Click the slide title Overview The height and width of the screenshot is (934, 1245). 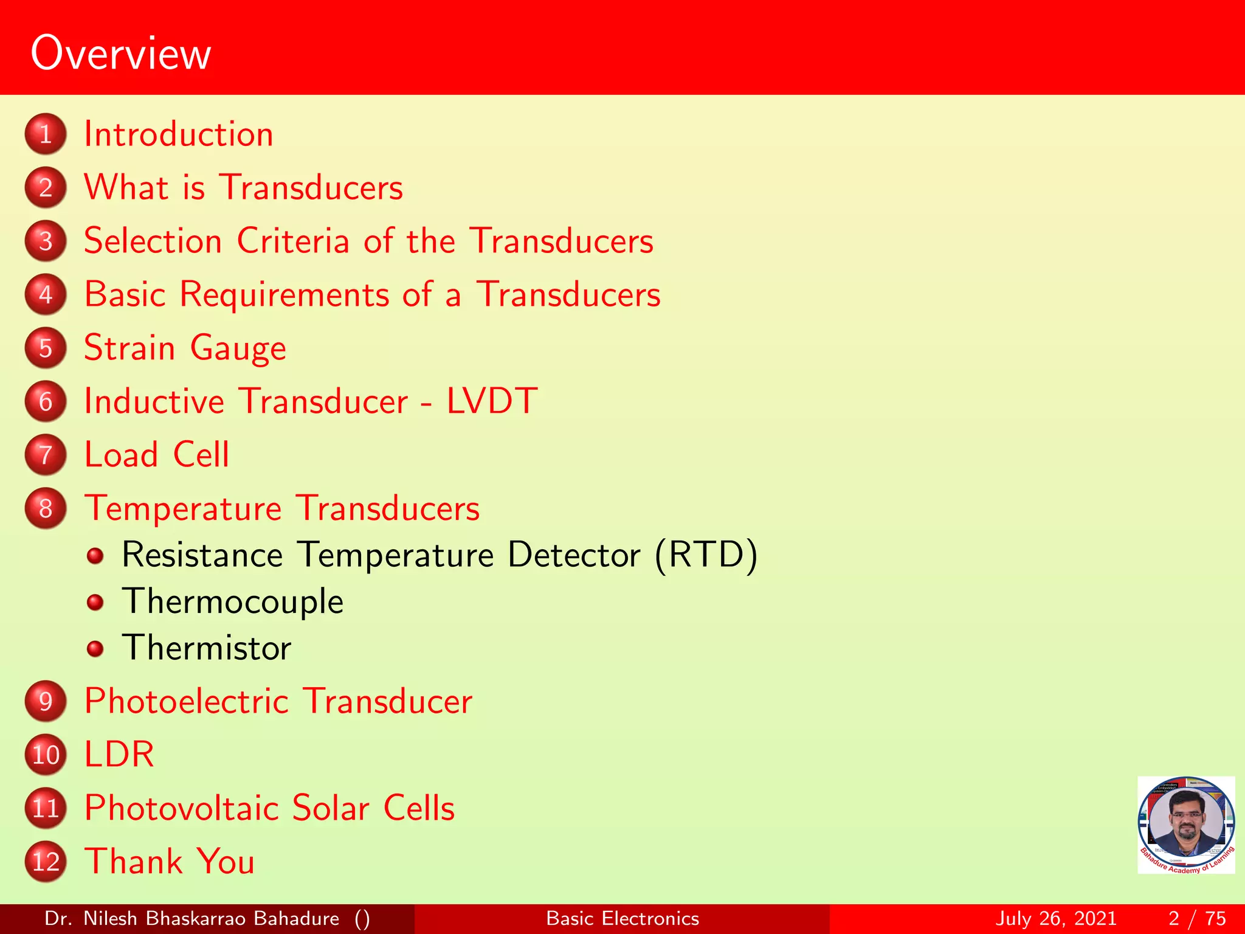tap(120, 54)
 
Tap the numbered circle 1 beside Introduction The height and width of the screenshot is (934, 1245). tap(46, 134)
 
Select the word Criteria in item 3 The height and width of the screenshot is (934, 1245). tap(293, 241)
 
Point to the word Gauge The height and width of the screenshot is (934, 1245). tap(238, 349)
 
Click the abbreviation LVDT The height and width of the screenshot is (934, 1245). tap(492, 401)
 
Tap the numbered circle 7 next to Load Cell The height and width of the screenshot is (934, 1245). tap(46, 455)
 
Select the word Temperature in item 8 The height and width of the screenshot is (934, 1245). tap(183, 508)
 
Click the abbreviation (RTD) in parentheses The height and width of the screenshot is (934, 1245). tap(706, 555)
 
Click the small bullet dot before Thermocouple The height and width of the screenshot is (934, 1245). tap(95, 602)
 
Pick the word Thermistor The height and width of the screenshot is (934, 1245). tap(207, 648)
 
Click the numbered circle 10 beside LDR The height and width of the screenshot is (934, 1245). tap(46, 755)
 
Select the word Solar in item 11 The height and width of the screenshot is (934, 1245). tap(331, 808)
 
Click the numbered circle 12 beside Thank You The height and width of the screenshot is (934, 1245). tap(46, 862)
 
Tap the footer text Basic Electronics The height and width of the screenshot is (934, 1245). tap(622, 918)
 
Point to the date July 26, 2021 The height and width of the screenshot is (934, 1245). tap(1056, 918)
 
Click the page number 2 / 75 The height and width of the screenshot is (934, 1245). tap(1197, 918)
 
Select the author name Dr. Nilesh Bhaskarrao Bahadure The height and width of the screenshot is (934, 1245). tap(191, 918)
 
